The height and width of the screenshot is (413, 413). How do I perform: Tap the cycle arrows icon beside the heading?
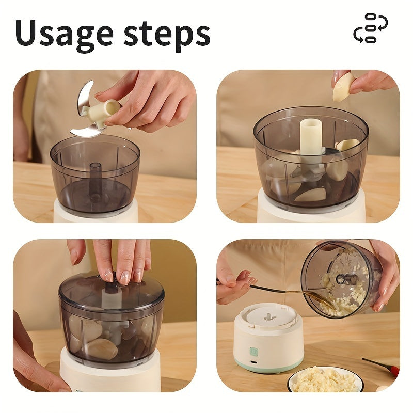coord(370,28)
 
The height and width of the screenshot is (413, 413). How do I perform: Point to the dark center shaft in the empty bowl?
coord(95,178)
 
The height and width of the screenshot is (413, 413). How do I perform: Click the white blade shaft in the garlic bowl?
coord(311,137)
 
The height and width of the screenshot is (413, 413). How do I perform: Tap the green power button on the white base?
coord(254,351)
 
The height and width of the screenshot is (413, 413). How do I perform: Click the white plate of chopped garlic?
coord(325,379)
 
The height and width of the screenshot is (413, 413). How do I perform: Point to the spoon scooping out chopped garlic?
coord(289,290)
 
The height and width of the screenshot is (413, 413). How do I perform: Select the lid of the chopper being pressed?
coord(111,292)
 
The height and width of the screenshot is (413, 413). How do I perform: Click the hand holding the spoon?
coord(232,281)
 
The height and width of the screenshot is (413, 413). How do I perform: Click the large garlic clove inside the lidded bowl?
coord(101,348)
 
